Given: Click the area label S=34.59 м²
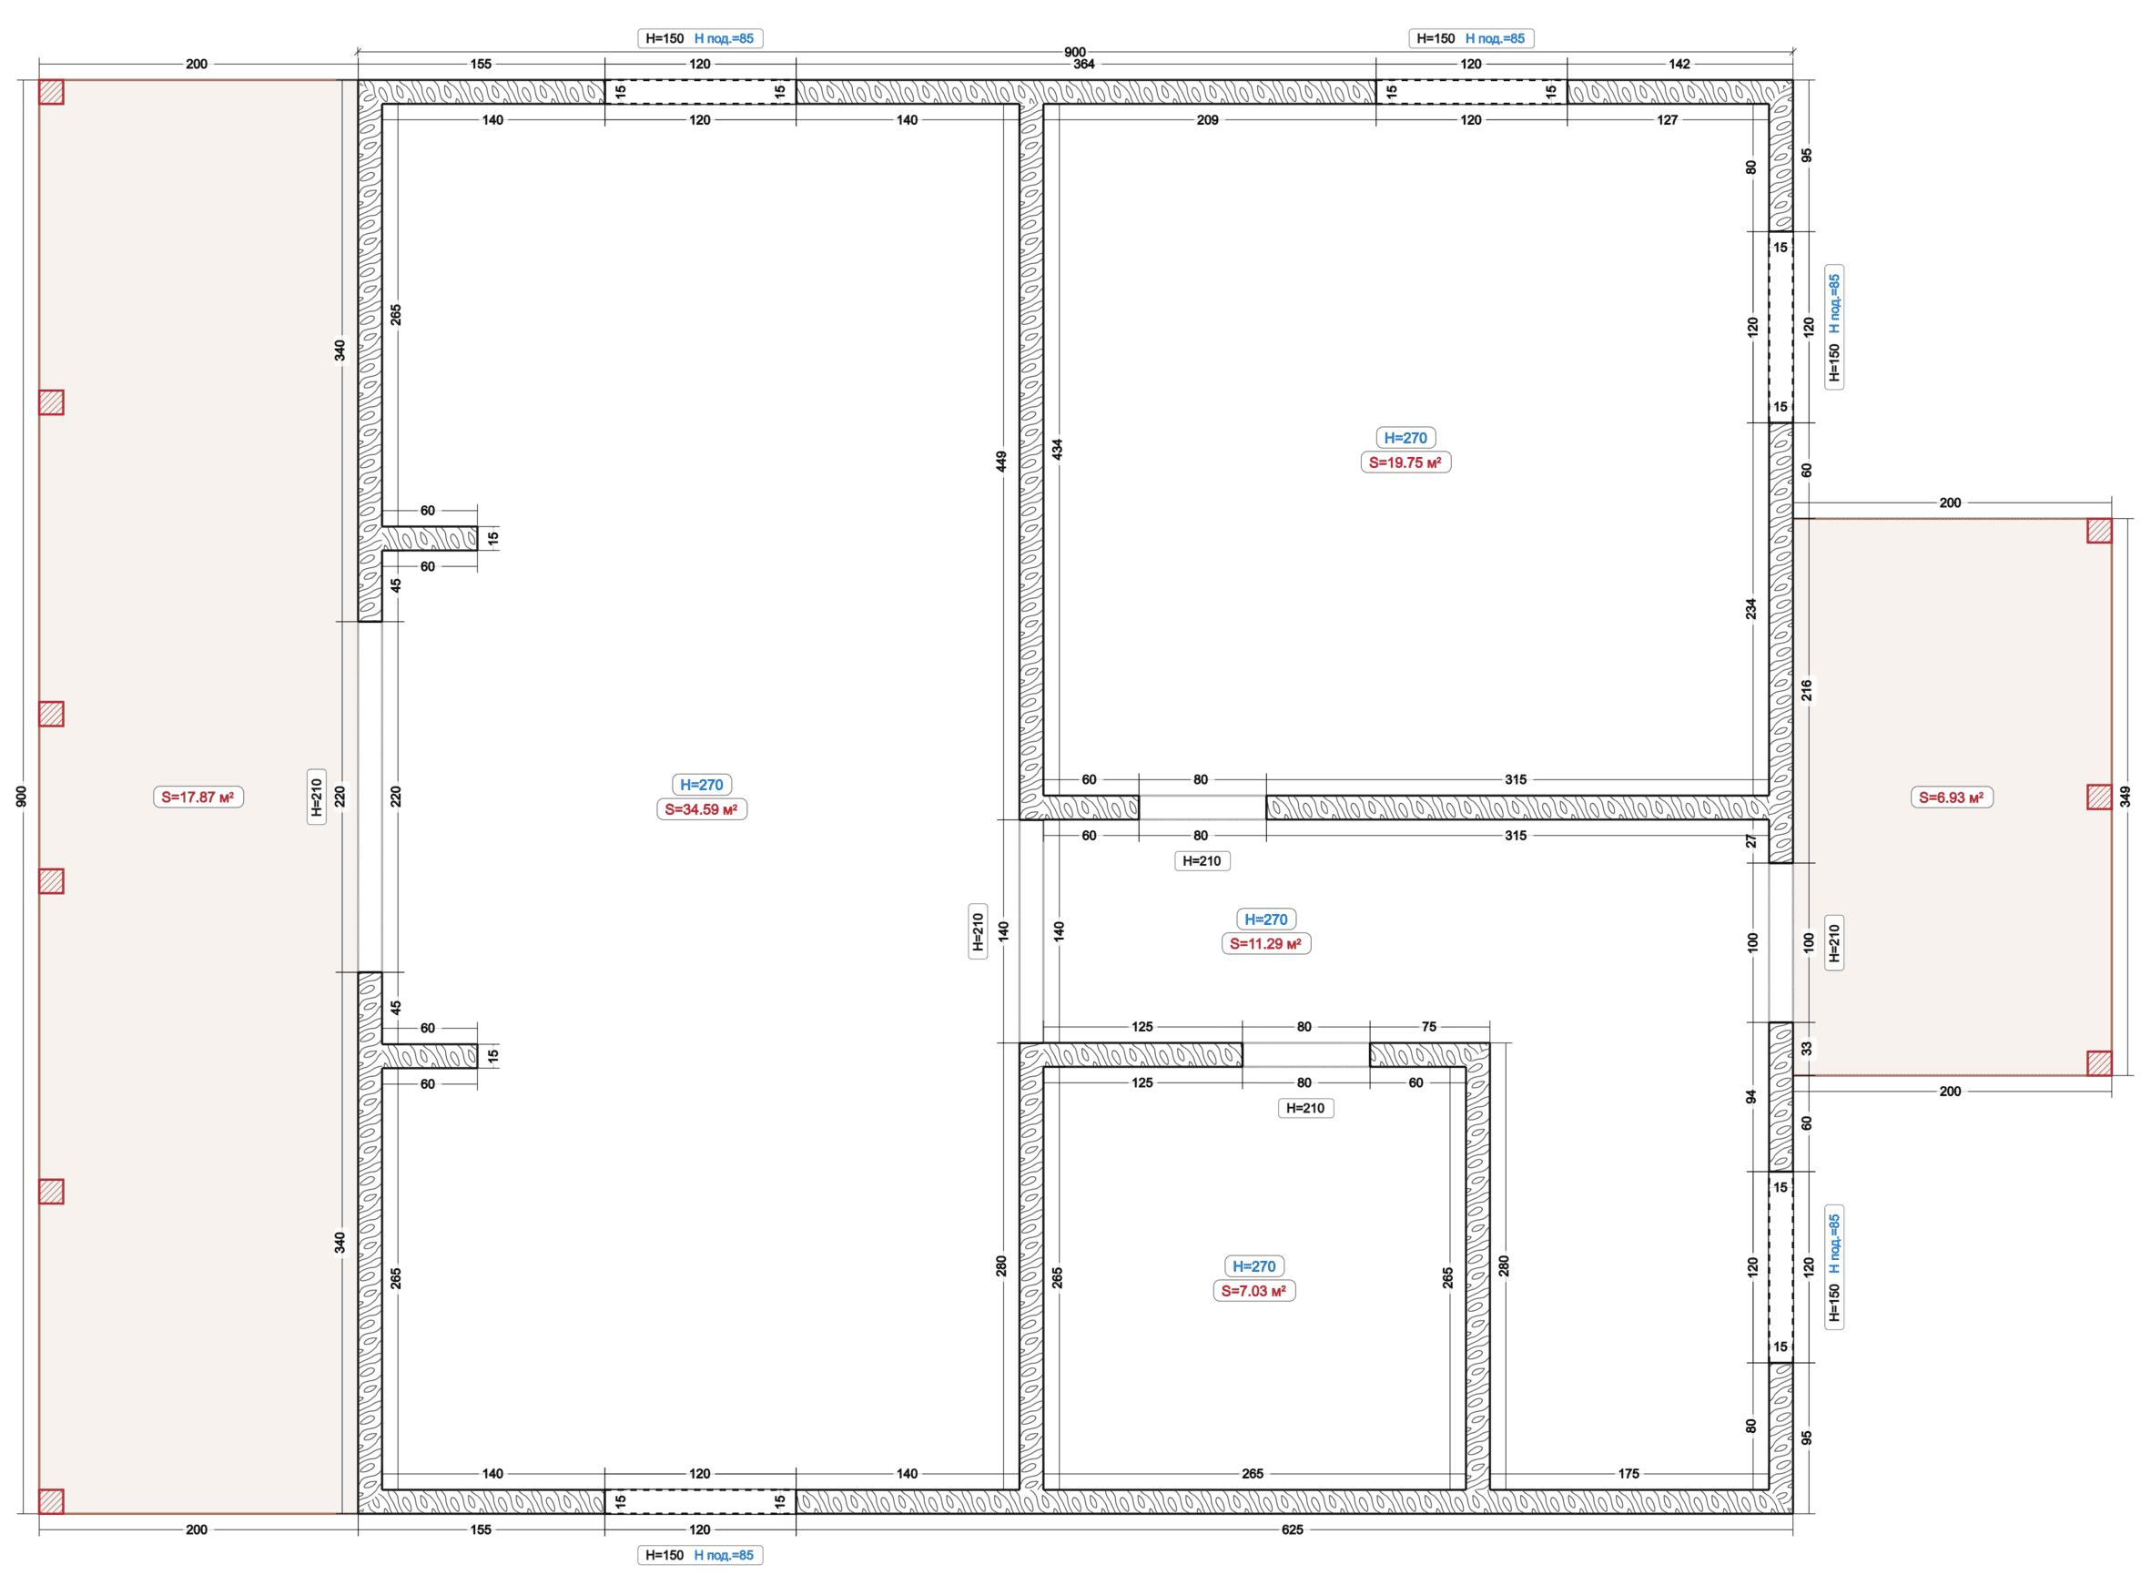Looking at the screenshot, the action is [x=701, y=809].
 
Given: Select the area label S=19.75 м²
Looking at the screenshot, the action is [x=1405, y=462].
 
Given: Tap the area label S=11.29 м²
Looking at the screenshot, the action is [x=1264, y=943].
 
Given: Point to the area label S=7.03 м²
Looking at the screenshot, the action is [x=1253, y=1291].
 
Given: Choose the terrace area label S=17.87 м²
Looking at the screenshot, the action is [x=198, y=797].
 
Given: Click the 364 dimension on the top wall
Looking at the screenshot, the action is [x=1084, y=65].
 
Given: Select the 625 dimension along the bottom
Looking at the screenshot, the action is [x=1292, y=1529].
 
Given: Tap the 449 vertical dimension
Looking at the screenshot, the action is [x=1002, y=462].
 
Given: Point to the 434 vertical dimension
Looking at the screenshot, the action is [x=1058, y=449].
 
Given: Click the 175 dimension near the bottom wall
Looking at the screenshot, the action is [x=1628, y=1473].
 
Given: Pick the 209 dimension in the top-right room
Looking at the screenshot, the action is [x=1208, y=121].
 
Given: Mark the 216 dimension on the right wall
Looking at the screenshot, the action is [x=1806, y=690].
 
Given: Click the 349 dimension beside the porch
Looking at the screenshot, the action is [x=2125, y=797].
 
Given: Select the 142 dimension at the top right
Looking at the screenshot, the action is [x=1679, y=65].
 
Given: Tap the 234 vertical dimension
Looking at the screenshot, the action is [x=1751, y=609].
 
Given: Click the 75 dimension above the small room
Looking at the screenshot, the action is [x=1429, y=1026].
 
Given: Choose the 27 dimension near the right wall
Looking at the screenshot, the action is [x=1751, y=842].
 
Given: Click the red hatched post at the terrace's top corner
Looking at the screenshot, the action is [x=51, y=92].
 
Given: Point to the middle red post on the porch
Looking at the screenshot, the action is [x=2099, y=797].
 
